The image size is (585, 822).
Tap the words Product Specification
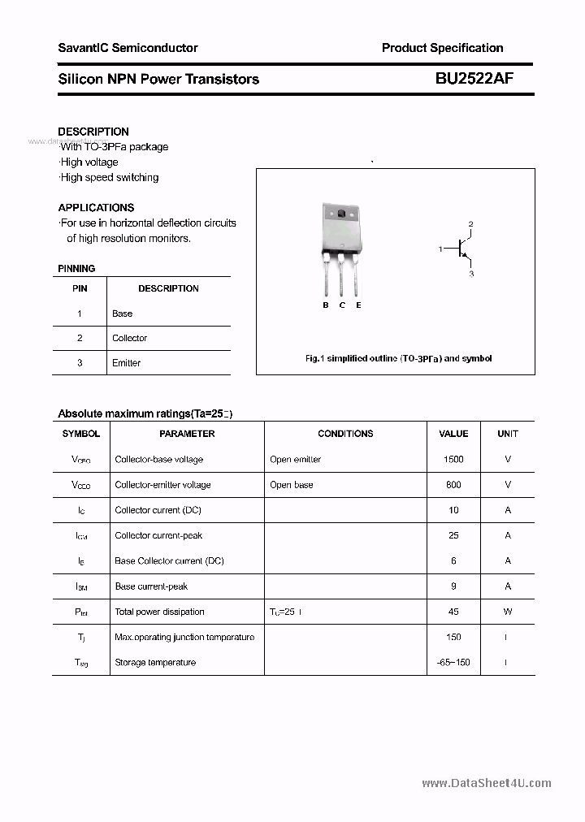442,48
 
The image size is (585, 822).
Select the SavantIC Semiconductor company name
128,48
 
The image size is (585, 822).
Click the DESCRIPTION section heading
93,132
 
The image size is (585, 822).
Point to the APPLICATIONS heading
96,207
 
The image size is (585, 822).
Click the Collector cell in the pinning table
130,338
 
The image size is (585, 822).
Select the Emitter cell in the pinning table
127,363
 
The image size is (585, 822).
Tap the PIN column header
80,288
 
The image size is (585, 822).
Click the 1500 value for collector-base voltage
453,459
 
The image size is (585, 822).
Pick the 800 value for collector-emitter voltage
453,485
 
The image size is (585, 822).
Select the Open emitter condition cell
296,459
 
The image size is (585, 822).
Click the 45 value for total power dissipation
453,612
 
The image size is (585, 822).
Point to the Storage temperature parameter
155,663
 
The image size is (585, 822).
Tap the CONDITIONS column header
345,434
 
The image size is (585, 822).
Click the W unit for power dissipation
508,612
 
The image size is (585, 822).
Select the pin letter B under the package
326,305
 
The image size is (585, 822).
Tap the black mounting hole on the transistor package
342,214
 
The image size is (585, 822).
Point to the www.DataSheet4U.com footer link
487,783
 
